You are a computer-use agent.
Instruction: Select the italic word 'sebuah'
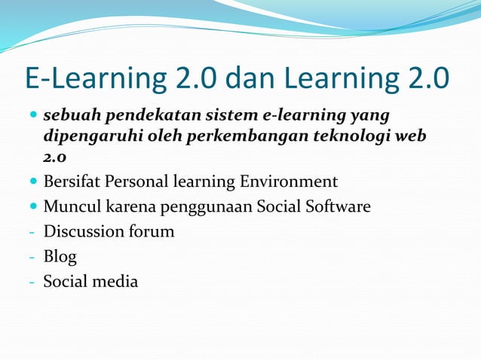[72, 117]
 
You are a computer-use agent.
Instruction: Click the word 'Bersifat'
[73, 182]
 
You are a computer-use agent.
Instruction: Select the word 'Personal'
[138, 182]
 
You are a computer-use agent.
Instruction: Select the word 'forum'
[151, 231]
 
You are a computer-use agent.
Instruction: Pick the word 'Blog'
[60, 257]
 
